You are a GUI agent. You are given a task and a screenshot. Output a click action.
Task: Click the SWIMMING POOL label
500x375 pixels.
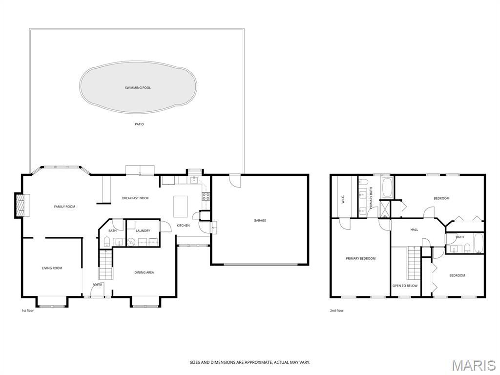click(x=138, y=88)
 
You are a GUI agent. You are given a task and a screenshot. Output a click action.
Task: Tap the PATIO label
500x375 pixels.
click(x=139, y=125)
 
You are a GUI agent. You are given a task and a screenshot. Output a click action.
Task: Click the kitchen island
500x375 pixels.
click(x=181, y=207)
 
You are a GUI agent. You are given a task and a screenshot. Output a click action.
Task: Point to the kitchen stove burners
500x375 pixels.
click(x=206, y=196)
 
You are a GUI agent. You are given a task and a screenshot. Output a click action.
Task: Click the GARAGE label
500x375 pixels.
click(x=260, y=220)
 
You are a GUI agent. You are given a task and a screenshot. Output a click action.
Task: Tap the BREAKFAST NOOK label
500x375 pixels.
click(x=136, y=198)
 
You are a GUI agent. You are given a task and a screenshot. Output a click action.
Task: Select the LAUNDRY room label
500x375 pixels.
click(x=143, y=230)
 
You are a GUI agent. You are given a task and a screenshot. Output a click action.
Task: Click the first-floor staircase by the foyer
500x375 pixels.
click(x=106, y=265)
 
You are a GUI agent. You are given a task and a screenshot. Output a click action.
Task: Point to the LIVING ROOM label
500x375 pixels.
click(x=52, y=268)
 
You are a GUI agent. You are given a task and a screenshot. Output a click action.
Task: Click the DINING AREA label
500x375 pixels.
click(x=144, y=272)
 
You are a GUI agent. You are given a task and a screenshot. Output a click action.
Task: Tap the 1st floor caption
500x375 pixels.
click(x=27, y=311)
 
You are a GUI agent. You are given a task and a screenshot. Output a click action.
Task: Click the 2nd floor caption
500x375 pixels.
click(x=337, y=311)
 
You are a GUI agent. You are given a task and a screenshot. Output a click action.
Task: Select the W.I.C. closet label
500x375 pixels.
click(x=343, y=199)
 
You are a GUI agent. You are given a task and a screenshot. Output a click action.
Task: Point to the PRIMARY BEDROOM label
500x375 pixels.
click(x=361, y=259)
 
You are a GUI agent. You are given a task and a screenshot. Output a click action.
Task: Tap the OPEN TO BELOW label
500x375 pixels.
click(x=405, y=286)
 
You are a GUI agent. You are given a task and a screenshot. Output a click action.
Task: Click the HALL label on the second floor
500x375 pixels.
click(x=414, y=229)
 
